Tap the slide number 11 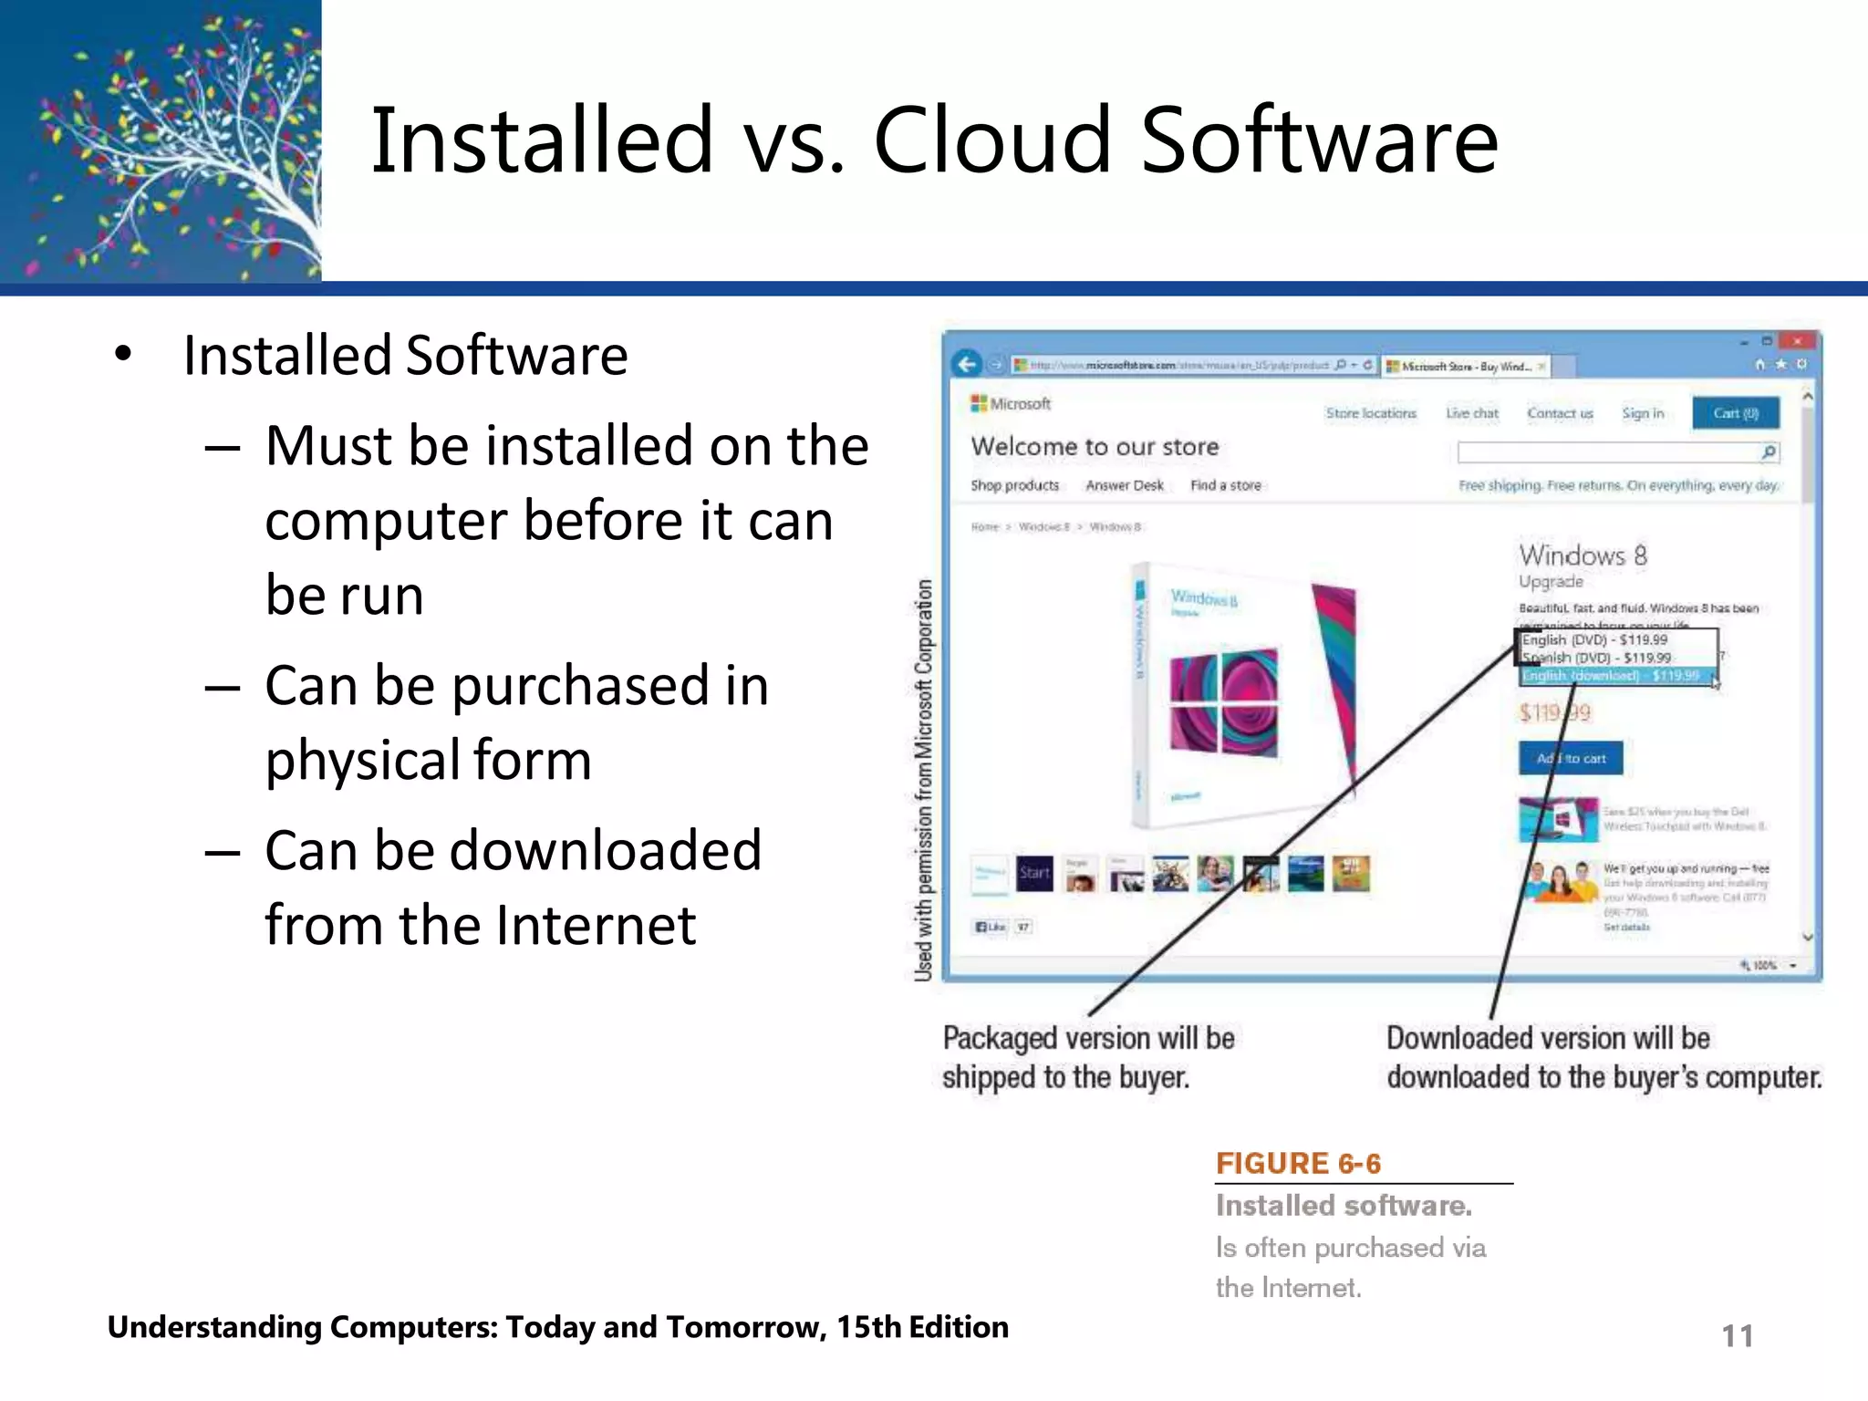click(x=1737, y=1336)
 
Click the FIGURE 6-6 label click(x=1298, y=1164)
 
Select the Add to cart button click(x=1571, y=758)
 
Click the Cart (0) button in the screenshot click(x=1735, y=413)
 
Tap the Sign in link click(x=1643, y=413)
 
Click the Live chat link click(x=1472, y=413)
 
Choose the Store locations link click(x=1371, y=413)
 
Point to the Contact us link click(x=1560, y=413)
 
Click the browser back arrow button click(x=967, y=365)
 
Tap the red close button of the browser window click(x=1796, y=341)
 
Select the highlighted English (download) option click(x=1611, y=676)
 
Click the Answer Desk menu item click(x=1125, y=485)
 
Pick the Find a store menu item click(x=1226, y=485)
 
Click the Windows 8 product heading click(x=1583, y=555)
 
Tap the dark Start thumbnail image click(x=1034, y=873)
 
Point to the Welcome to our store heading click(x=1095, y=447)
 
